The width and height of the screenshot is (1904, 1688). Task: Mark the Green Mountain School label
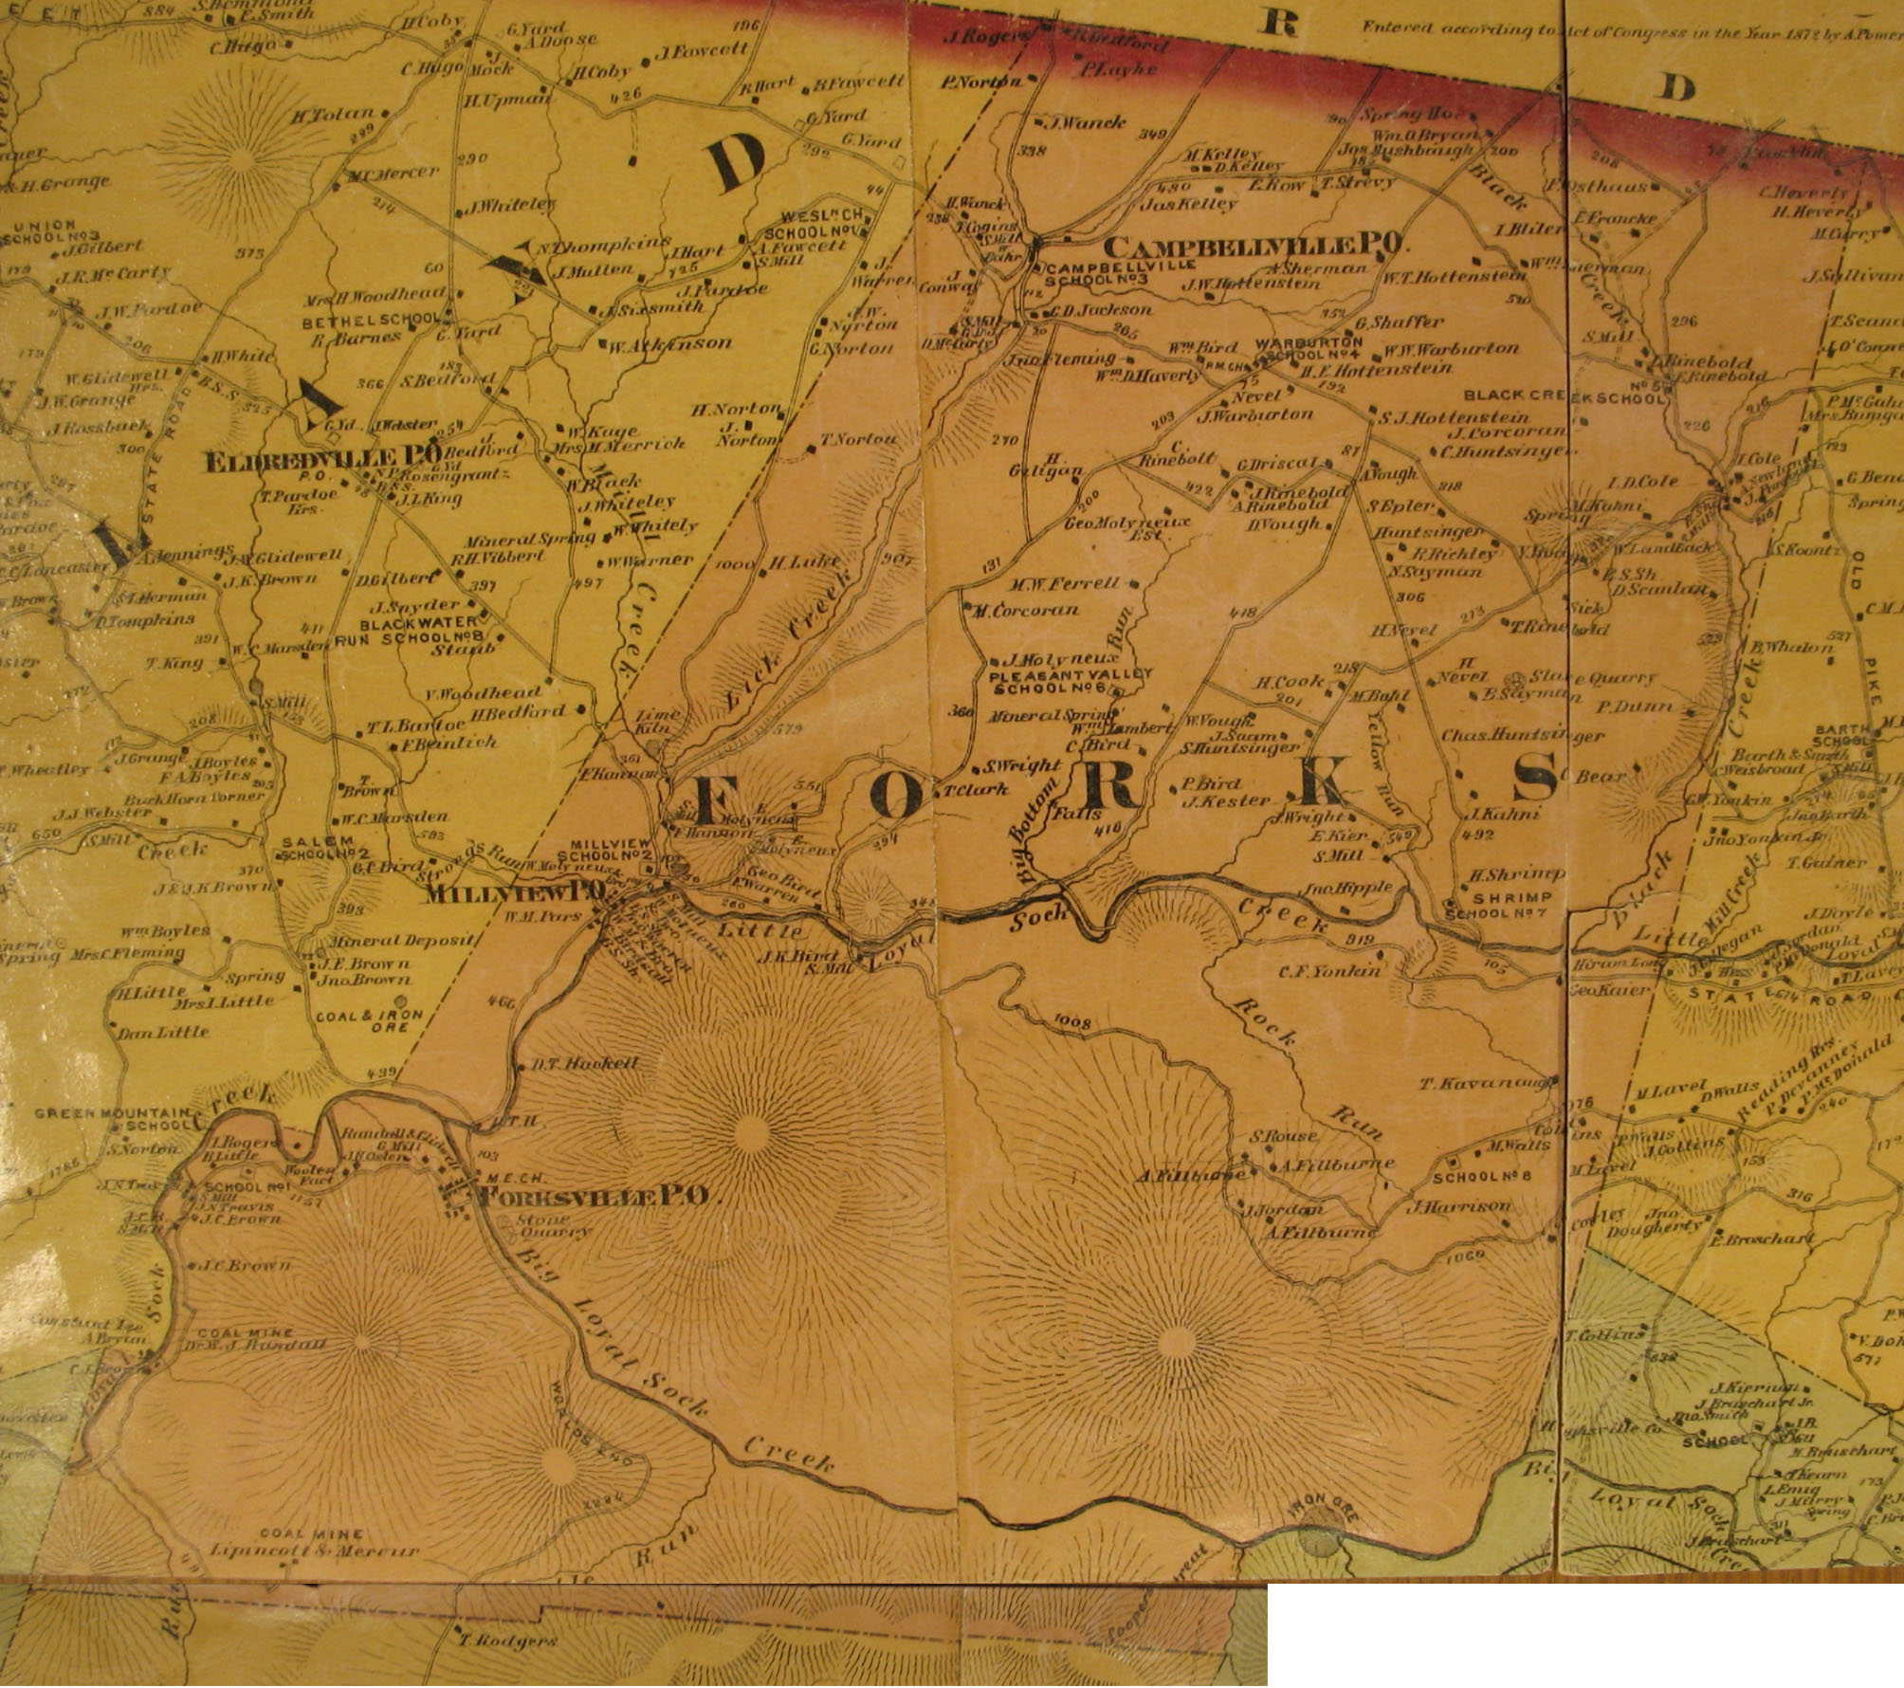(114, 1120)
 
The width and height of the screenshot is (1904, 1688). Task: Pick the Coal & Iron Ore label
(369, 1020)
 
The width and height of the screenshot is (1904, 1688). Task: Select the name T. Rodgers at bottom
(502, 1641)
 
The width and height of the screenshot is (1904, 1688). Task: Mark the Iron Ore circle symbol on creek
(1318, 1537)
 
